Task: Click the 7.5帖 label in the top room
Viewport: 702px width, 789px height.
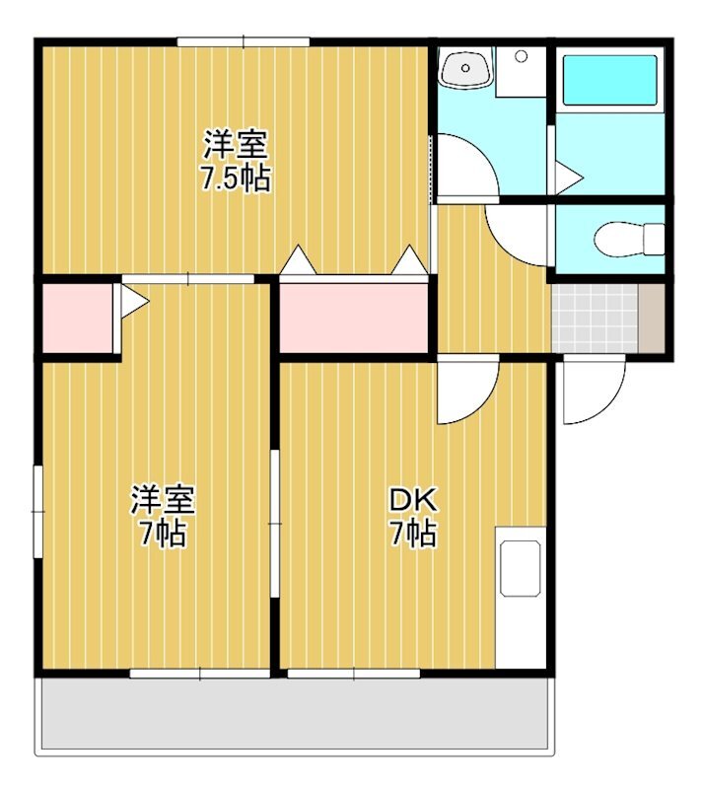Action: click(x=236, y=178)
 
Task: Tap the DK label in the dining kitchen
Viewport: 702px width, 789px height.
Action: click(x=414, y=500)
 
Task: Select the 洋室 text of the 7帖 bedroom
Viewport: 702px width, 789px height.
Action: click(x=163, y=500)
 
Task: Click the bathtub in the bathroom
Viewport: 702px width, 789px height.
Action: click(x=610, y=80)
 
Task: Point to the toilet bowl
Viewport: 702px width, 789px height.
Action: click(x=629, y=240)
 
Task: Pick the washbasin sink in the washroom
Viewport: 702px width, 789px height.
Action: click(x=465, y=67)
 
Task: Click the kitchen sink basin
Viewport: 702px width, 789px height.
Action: click(x=521, y=569)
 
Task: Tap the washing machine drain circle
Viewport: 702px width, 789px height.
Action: click(x=521, y=56)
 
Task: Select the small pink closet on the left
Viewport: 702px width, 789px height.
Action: click(x=77, y=319)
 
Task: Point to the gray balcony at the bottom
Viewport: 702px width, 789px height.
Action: click(x=297, y=713)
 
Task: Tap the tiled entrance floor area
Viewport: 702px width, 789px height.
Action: click(x=595, y=319)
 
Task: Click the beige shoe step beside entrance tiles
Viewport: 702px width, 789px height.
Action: click(x=652, y=319)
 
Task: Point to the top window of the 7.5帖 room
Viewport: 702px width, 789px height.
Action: click(x=244, y=41)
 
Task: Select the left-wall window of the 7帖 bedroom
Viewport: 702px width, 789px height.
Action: click(x=37, y=511)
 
